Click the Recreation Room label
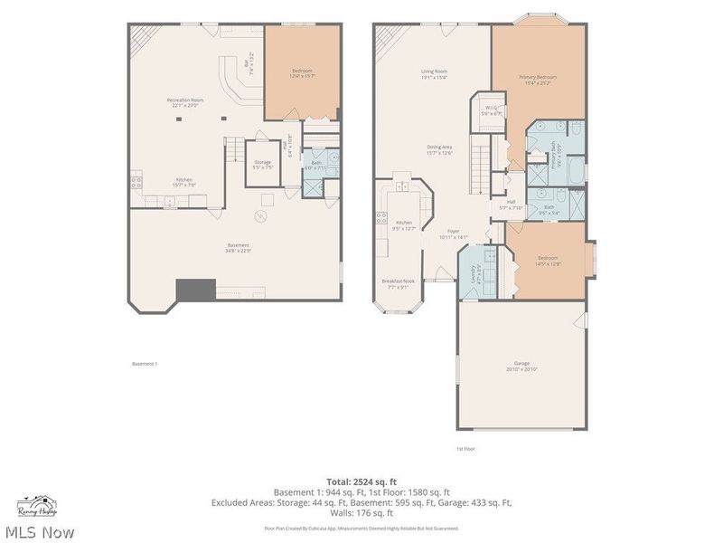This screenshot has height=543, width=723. pyautogui.click(x=184, y=100)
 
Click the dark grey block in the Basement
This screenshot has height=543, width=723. pyautogui.click(x=195, y=289)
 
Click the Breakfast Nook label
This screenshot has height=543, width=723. pyautogui.click(x=398, y=281)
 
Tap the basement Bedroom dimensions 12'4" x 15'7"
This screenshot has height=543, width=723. pyautogui.click(x=302, y=76)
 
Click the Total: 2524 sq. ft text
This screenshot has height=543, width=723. pyautogui.click(x=361, y=481)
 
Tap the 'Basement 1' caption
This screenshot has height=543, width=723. pyautogui.click(x=145, y=364)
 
